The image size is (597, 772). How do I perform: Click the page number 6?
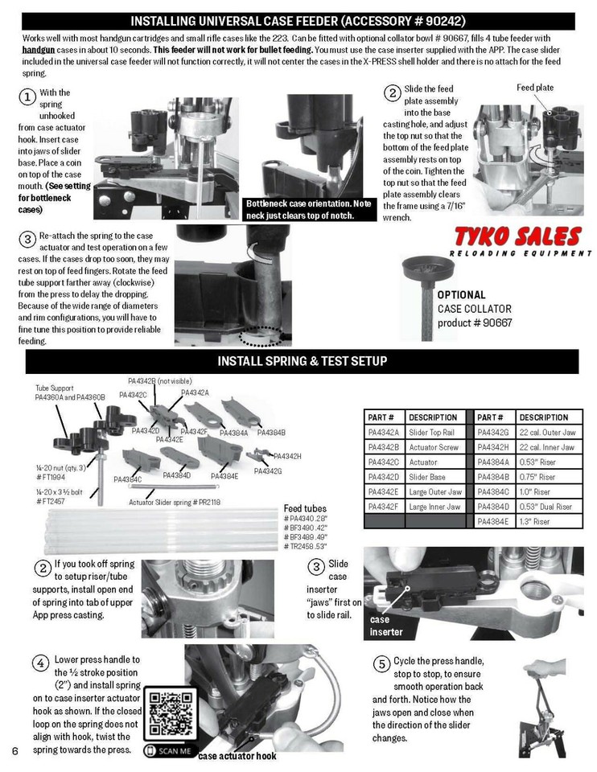point(15,750)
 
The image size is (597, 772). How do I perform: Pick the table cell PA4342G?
point(494,433)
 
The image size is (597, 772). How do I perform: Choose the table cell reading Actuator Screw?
point(434,448)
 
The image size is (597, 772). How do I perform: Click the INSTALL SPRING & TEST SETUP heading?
point(302,360)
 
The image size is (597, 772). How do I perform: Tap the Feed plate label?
point(535,88)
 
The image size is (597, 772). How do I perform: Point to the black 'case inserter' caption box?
point(386,626)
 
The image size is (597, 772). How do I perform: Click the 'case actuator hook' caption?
point(237,756)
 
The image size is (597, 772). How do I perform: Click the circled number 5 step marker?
point(382,663)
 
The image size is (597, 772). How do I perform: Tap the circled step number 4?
point(40,663)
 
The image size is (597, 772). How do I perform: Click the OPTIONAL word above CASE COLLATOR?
point(461,295)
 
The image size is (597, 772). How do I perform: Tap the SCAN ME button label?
point(169,751)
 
